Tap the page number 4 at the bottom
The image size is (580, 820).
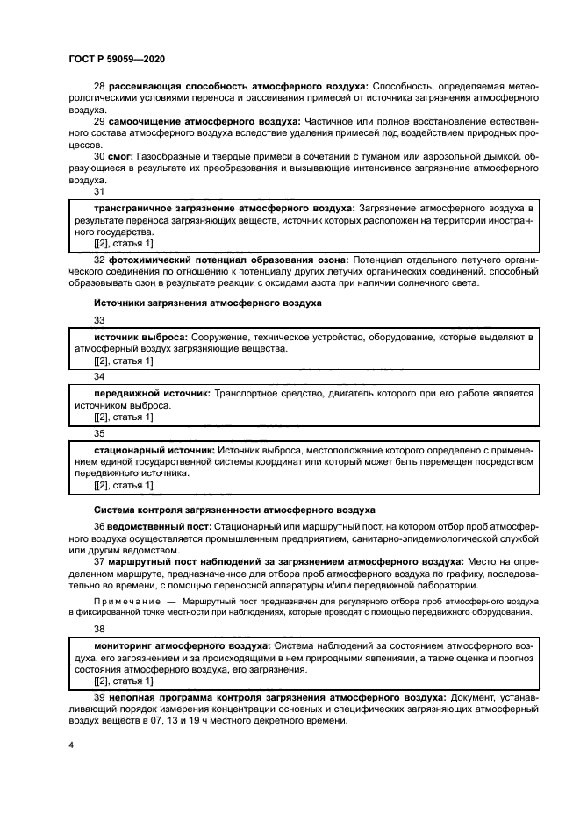72,745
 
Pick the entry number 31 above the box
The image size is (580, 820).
99,191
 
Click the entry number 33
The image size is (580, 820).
99,321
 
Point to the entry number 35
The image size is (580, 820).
99,433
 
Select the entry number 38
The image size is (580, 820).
99,629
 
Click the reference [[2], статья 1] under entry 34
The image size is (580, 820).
124,417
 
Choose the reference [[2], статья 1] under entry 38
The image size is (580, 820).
124,681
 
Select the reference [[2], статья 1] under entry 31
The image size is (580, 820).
124,243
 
